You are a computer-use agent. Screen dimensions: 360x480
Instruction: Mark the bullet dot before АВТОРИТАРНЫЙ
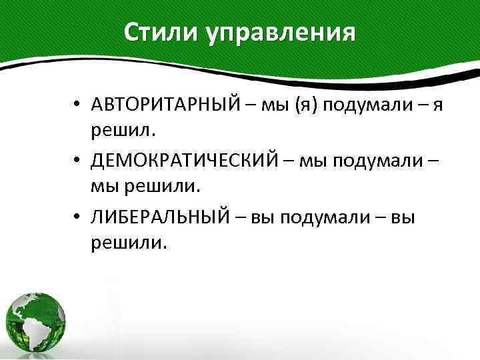pyautogui.click(x=78, y=106)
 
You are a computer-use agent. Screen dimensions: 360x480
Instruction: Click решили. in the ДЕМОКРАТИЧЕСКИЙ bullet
pyautogui.click(x=154, y=187)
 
